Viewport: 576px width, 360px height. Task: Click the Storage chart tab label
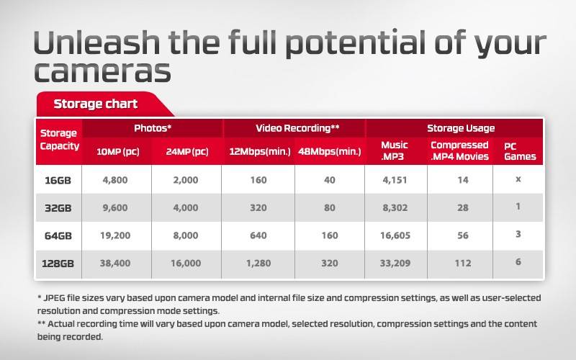[x=95, y=104]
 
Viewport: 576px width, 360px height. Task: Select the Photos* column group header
[x=152, y=128]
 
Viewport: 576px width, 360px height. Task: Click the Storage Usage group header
[x=460, y=128]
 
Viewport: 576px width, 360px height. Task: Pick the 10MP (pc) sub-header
[x=117, y=151]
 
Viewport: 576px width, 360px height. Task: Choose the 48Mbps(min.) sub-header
[x=330, y=151]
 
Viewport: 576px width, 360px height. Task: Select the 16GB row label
[x=58, y=180]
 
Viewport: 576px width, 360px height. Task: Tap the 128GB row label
[x=58, y=264]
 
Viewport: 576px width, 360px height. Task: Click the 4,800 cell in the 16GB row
[x=117, y=180]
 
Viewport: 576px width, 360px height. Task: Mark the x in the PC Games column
[x=518, y=179]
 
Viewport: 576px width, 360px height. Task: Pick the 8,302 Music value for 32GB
[x=395, y=207]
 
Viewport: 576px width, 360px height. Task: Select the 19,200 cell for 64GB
[x=117, y=235]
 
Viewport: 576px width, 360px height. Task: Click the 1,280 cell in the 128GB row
[x=258, y=264]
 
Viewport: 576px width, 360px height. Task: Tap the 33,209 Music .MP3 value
[x=395, y=264]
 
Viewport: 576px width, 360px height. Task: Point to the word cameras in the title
[x=102, y=71]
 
